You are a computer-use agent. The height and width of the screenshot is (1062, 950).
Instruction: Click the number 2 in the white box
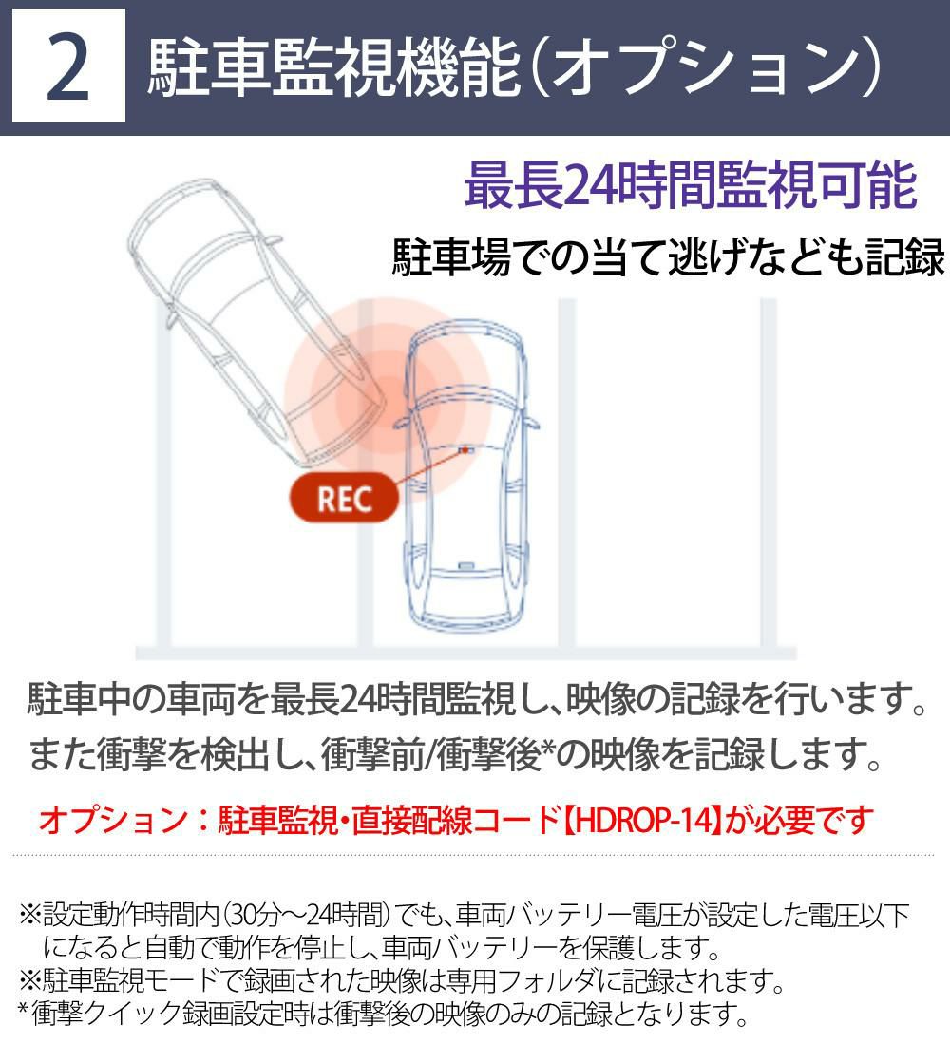68,67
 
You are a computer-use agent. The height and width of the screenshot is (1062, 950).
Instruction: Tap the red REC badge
344,499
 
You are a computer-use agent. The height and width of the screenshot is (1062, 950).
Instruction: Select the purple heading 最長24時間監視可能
691,185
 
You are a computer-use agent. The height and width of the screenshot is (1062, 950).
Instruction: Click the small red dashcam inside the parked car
465,449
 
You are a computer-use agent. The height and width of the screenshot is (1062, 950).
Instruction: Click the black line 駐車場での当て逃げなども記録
668,257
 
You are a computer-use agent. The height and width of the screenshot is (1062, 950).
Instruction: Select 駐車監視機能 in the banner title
333,67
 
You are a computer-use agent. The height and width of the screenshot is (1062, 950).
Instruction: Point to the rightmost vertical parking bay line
768,473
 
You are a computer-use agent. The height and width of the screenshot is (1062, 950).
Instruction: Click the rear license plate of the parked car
466,565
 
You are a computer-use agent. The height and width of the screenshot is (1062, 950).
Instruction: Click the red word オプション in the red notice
114,820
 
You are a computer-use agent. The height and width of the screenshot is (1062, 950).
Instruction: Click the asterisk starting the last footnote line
23,1011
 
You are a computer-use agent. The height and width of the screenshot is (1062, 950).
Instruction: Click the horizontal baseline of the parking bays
465,653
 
